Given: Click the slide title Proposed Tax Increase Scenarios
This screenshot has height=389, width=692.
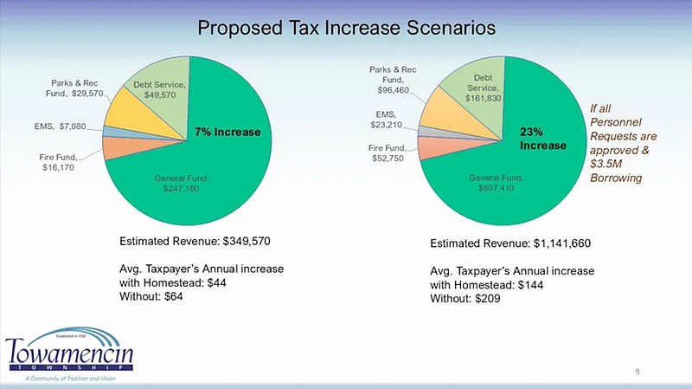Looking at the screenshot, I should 346,27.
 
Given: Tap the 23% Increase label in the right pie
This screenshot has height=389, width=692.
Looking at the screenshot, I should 542,139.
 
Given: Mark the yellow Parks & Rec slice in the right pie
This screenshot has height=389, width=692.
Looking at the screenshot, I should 440,108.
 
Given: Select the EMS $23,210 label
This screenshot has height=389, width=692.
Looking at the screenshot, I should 385,119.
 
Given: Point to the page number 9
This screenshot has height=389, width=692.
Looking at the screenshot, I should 637,372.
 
